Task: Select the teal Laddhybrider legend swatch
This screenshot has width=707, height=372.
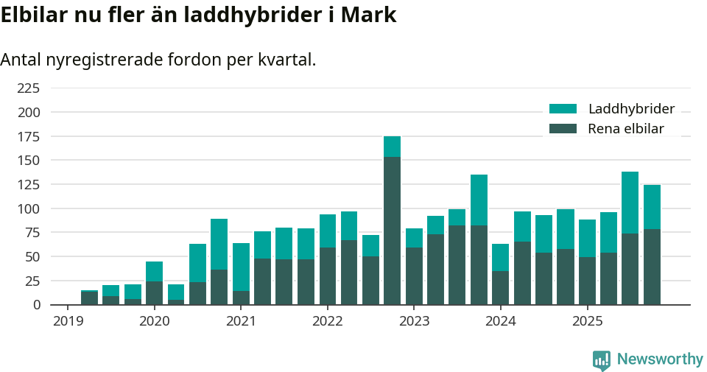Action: (x=563, y=109)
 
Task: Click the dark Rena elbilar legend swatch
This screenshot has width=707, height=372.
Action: (x=563, y=129)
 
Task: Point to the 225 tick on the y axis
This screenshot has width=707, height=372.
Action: (x=29, y=88)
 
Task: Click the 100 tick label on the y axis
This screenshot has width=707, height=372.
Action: (x=29, y=208)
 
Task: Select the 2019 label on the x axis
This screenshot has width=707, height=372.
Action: (x=68, y=321)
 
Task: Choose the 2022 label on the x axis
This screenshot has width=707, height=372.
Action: (x=327, y=321)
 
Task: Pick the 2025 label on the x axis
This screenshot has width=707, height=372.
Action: (x=587, y=321)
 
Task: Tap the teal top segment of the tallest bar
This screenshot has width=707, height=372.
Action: (x=392, y=147)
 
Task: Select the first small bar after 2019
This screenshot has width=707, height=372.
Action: (x=89, y=298)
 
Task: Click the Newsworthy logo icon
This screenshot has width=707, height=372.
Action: (x=601, y=359)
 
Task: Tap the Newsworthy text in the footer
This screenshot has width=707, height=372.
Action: (x=660, y=359)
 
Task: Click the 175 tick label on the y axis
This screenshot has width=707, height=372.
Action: (x=29, y=136)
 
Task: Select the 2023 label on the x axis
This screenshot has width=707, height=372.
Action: (x=414, y=321)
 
